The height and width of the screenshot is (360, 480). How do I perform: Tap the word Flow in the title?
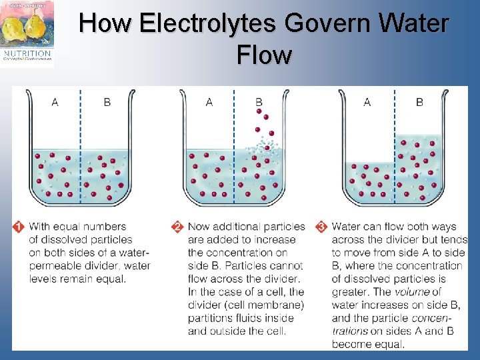(264, 55)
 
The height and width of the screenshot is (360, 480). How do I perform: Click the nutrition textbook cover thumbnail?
(28, 33)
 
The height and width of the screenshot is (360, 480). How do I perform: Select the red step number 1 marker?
(19, 227)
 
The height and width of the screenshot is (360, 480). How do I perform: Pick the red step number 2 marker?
(177, 227)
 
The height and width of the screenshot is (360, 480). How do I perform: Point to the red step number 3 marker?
(322, 227)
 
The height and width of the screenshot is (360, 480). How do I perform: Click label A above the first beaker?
(55, 102)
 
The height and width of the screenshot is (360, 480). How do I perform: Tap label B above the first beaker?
(107, 102)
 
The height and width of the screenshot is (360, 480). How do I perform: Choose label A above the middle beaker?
(209, 102)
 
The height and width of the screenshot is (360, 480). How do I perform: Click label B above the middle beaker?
(259, 102)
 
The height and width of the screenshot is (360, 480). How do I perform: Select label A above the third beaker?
(367, 102)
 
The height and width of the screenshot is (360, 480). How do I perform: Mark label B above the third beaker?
(419, 102)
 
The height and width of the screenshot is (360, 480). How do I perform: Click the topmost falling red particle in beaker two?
(259, 115)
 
